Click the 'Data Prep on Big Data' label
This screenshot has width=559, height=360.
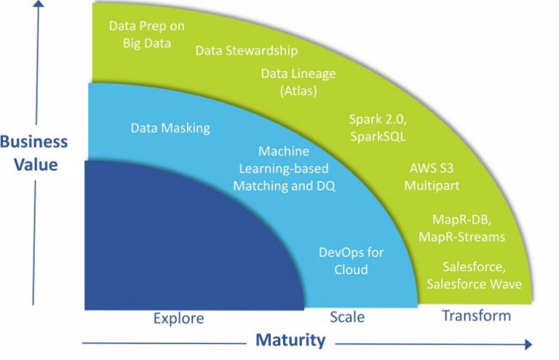(147, 34)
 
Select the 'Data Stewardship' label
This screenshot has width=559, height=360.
(247, 51)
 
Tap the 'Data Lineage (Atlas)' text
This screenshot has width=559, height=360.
(298, 82)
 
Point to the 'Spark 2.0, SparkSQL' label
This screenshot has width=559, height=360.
(378, 127)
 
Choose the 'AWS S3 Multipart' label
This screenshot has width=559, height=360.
(432, 177)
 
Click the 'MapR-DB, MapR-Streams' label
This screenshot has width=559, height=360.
(461, 228)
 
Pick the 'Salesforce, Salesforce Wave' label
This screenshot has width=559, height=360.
(474, 275)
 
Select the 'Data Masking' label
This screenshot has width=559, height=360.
(170, 128)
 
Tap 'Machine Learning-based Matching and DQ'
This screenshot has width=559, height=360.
(284, 169)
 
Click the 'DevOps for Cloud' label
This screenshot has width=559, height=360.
(351, 260)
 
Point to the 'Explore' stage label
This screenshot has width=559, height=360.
(178, 318)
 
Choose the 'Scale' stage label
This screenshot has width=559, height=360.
(347, 317)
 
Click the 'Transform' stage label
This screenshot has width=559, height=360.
(477, 316)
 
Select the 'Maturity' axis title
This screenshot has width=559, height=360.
(290, 340)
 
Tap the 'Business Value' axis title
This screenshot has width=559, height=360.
(34, 153)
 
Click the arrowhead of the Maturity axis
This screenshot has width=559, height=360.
(528, 344)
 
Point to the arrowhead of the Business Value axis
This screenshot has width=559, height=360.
(39, 3)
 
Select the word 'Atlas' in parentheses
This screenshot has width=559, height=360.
(298, 91)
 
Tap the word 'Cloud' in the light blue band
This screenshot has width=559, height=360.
(351, 270)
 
